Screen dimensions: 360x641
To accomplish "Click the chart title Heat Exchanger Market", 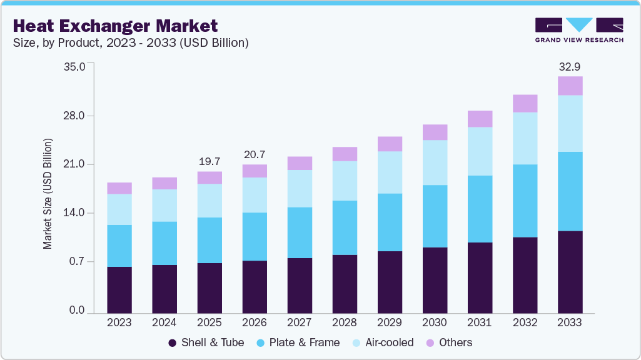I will point(115,26).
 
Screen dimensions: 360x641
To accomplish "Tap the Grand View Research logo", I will point(578,29).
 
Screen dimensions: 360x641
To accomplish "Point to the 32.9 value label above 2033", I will point(570,66).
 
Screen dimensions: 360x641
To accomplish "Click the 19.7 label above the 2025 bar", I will point(209,161).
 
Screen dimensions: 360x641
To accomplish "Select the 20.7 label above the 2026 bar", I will point(255,154).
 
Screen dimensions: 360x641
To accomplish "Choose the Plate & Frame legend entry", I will point(300,342).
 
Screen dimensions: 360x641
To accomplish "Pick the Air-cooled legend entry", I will point(383,342).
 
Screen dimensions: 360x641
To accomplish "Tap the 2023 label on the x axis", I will point(119,323).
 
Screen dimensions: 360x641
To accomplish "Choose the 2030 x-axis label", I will point(435,323).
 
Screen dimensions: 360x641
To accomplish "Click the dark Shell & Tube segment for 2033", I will point(570,272).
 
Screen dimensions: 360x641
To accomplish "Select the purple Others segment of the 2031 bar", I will point(480,119).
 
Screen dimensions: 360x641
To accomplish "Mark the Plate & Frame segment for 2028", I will point(345,227).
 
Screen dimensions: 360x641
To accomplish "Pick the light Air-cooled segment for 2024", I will point(164,206).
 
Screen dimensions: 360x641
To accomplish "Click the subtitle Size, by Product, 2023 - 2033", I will point(131,43).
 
